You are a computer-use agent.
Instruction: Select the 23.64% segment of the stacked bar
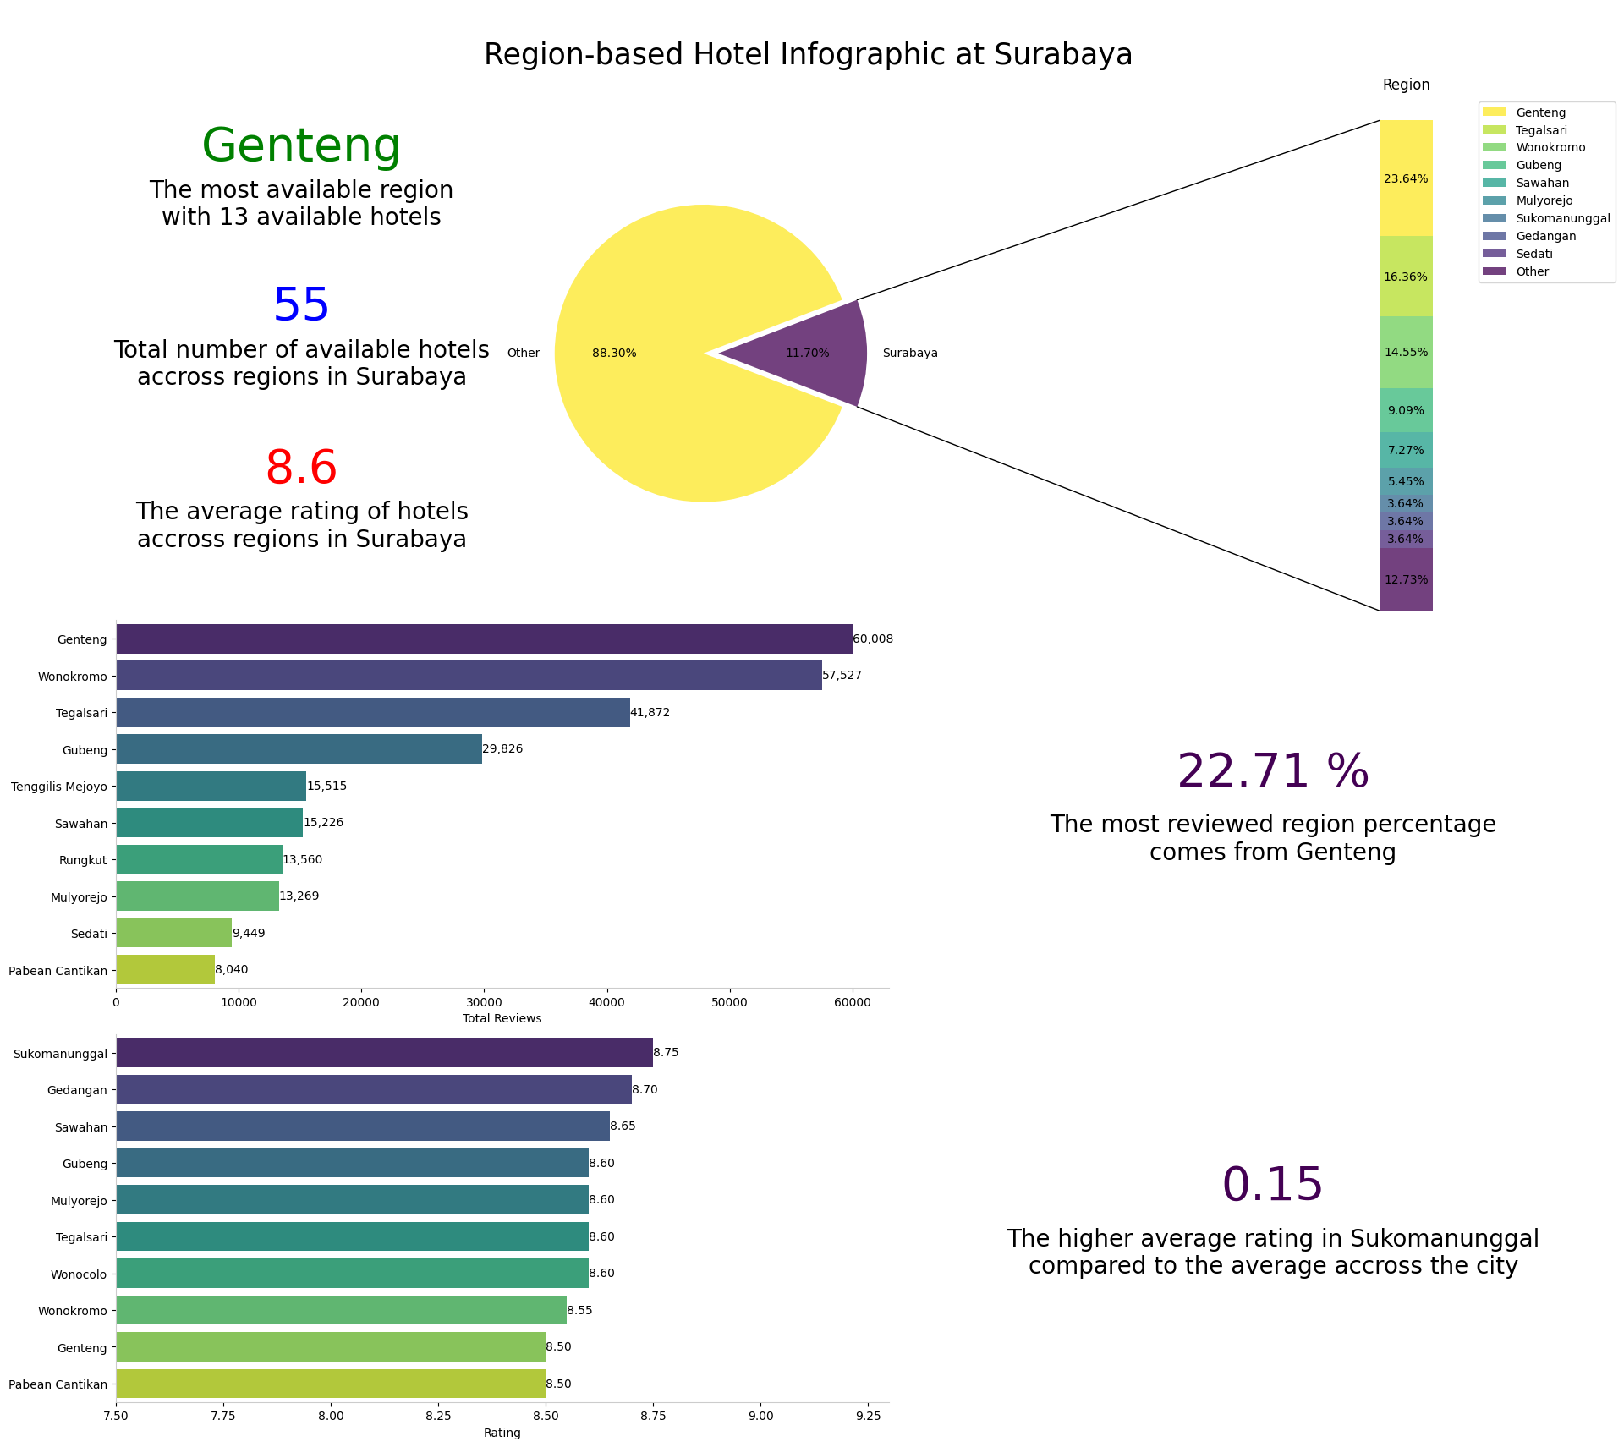pos(1405,178)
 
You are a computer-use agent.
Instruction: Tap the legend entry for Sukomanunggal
pos(1562,218)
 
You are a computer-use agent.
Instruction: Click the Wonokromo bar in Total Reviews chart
pos(469,676)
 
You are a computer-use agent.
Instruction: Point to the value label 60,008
pos(873,639)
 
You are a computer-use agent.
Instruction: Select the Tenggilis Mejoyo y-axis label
pos(59,787)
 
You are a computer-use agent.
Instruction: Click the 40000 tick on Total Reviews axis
pos(606,1002)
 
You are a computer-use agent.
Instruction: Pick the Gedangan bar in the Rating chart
pos(373,1089)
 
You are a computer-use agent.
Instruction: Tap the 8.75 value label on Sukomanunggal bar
pos(666,1053)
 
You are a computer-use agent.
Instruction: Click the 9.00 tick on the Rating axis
pos(760,1416)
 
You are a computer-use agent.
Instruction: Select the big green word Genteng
pos(301,145)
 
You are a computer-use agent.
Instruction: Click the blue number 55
pos(301,305)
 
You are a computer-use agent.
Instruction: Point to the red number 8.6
pos(301,468)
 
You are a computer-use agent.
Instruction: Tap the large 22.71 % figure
pos(1272,771)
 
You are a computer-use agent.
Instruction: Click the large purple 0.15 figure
pos(1272,1184)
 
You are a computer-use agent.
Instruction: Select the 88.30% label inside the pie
pos(614,354)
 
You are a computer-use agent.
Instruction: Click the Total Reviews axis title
pos(502,1018)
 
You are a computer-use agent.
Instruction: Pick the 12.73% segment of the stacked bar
pos(1405,579)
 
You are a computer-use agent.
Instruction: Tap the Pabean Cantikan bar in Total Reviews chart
pos(165,970)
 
